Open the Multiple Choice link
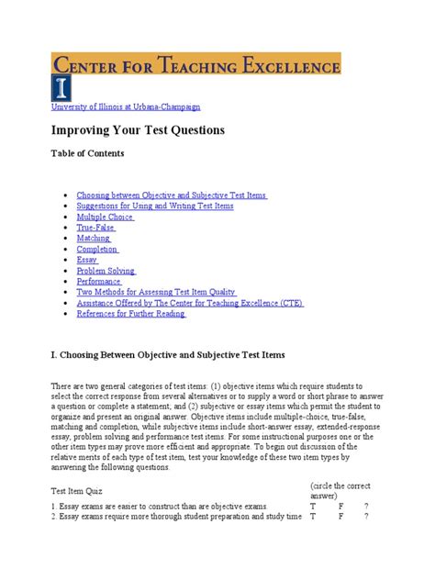click(105, 217)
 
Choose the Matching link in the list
click(94, 238)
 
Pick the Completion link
click(97, 249)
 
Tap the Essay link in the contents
click(87, 260)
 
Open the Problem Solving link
click(106, 271)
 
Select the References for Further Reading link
click(130, 314)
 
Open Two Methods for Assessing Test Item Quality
click(156, 292)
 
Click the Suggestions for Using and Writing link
click(155, 206)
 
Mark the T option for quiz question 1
click(314, 505)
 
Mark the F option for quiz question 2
click(341, 516)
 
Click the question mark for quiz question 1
click(366, 505)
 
